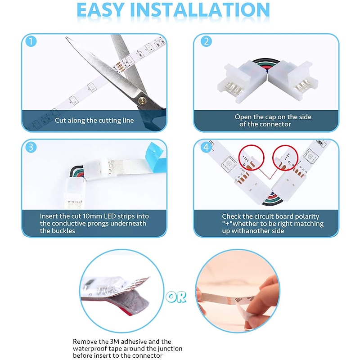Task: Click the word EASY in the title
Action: tap(100, 9)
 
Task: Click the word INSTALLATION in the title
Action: tap(200, 9)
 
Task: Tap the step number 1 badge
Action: tap(31, 41)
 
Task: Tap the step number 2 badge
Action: tap(206, 41)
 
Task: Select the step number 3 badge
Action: tap(31, 147)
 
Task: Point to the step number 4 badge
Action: tap(206, 147)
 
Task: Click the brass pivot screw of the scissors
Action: tap(142, 100)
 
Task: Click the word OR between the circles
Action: tap(176, 297)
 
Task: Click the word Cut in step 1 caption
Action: tap(60, 120)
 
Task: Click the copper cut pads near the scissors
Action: tap(120, 67)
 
